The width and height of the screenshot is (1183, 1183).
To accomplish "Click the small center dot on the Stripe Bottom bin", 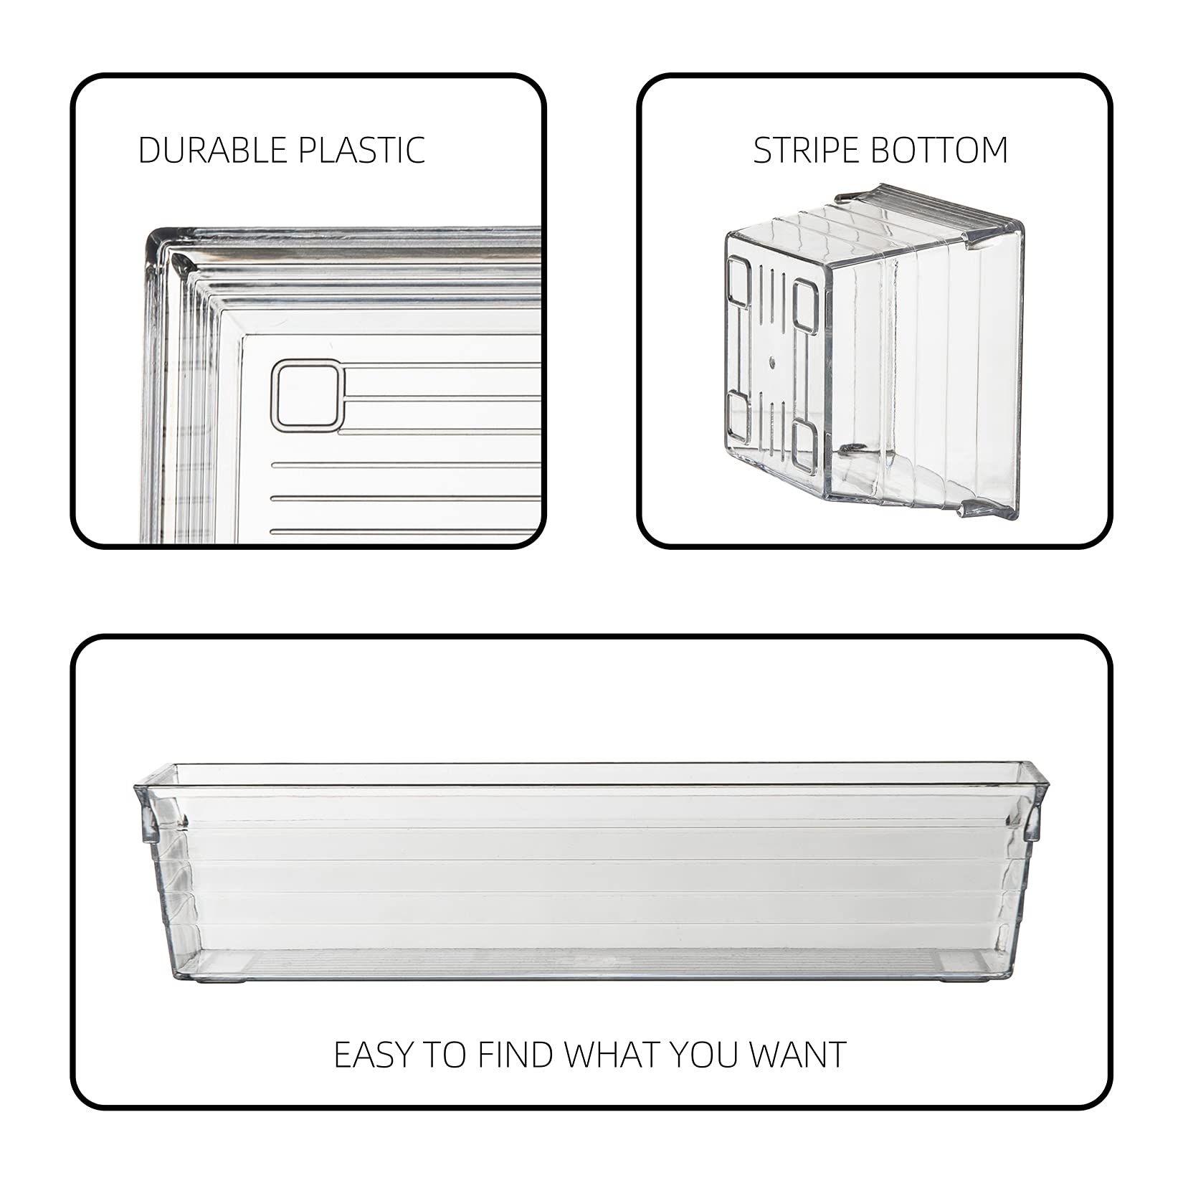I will (772, 363).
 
